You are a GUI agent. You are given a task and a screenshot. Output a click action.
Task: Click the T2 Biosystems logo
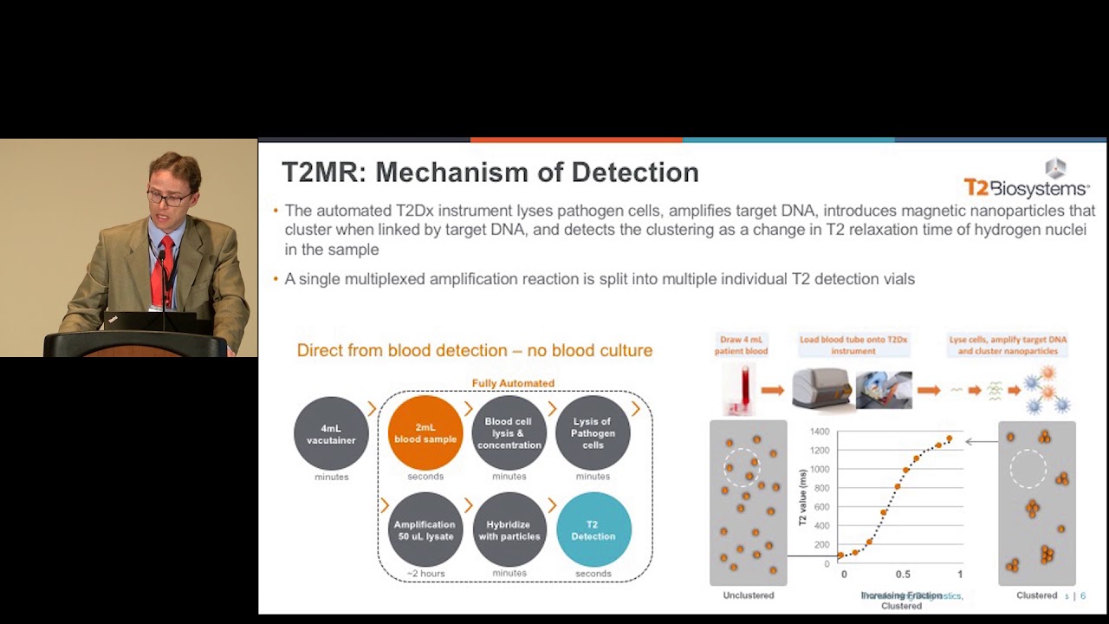point(1027,180)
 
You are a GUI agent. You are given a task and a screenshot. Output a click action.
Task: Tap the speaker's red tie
point(159,268)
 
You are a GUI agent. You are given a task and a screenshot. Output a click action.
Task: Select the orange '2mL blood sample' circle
point(425,433)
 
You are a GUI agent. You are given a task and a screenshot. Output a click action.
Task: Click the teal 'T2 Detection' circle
point(593,530)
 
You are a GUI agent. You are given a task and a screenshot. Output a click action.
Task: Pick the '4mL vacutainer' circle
point(331,433)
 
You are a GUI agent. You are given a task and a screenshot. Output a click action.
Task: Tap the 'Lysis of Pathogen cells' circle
point(593,433)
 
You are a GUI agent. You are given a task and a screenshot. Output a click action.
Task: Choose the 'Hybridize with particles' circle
point(509,530)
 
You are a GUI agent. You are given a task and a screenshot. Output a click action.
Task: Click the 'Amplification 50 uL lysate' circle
point(425,530)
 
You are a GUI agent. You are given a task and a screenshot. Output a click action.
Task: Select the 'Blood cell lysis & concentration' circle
point(509,433)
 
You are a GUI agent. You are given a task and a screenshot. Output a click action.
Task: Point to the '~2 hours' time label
point(425,574)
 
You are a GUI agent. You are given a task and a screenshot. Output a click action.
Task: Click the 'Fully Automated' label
point(513,383)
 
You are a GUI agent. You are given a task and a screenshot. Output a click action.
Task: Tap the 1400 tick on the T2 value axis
point(819,432)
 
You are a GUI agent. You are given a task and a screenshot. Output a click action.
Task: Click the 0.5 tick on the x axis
point(903,575)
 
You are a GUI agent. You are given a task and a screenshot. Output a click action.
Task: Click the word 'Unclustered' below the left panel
point(749,595)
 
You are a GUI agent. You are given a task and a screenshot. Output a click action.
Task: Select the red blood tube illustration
point(742,388)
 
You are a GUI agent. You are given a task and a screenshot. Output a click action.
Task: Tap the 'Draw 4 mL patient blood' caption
point(741,345)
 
